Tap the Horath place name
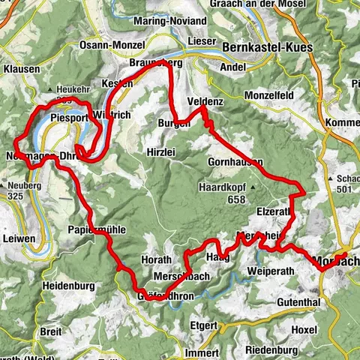tap(156, 260)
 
